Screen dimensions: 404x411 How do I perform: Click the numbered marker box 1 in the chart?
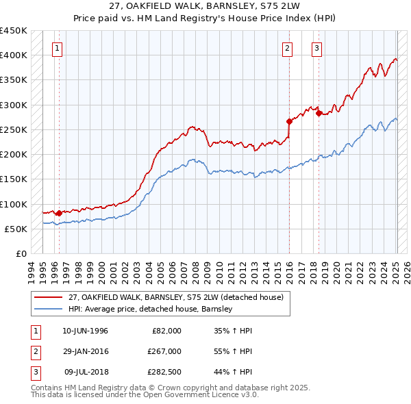pos(56,48)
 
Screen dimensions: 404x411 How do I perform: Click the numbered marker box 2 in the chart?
pos(286,48)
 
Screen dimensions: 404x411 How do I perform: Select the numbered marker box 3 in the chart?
pos(317,48)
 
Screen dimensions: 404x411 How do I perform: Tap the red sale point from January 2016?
pos(289,121)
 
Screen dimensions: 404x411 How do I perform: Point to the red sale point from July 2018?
pos(319,114)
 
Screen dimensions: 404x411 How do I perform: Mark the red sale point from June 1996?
pos(59,213)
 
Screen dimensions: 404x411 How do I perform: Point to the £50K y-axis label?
pos(16,229)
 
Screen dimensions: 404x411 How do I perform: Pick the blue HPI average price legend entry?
pos(151,309)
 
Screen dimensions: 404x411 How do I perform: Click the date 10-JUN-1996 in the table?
pos(85,331)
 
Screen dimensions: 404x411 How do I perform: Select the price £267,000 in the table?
pos(164,351)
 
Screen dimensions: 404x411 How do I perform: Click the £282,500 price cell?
pos(164,372)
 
